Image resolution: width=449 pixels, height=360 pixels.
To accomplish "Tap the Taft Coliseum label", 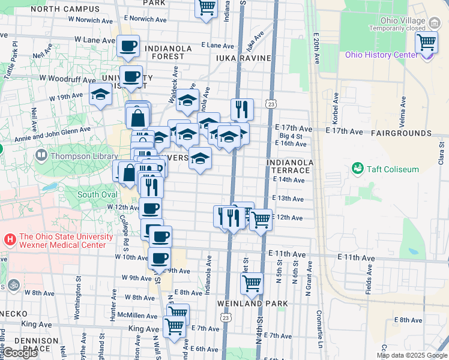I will [393, 169].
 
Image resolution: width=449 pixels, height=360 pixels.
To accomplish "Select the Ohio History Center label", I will [381, 55].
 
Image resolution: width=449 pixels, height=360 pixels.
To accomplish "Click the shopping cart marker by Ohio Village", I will [426, 43].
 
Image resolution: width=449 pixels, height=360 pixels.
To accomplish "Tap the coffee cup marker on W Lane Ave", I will [128, 46].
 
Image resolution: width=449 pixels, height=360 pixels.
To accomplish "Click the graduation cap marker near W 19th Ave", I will [101, 94].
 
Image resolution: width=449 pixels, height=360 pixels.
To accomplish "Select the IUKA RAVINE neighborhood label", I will [243, 58].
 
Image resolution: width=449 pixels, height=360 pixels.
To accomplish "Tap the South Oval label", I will [97, 194].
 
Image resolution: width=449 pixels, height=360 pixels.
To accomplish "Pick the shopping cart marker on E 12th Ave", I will [261, 220].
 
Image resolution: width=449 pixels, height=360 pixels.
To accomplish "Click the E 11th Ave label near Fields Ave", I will [356, 258].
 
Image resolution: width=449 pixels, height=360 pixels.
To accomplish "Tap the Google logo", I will [19, 352].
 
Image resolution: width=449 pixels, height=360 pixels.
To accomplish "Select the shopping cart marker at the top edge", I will [206, 7].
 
